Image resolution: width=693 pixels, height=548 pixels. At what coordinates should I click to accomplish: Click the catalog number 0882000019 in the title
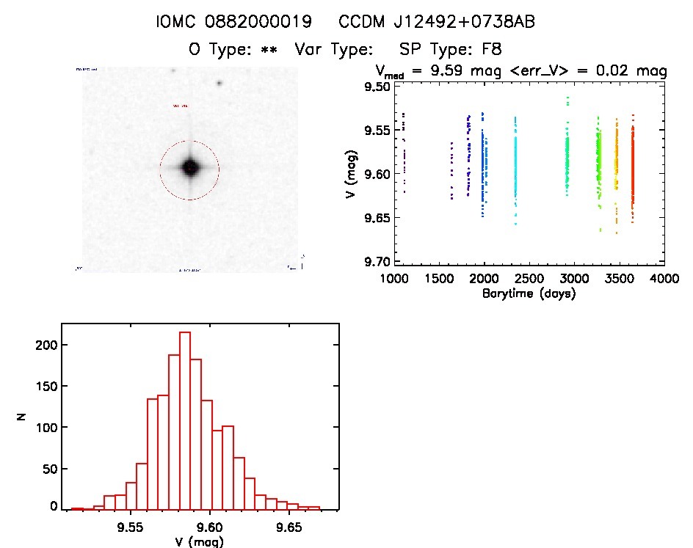[254, 23]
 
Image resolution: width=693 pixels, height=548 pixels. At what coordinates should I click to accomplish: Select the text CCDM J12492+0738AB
[437, 23]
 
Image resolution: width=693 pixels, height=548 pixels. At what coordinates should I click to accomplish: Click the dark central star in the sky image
[189, 168]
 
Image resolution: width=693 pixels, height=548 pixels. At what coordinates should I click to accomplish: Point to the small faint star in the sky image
[219, 83]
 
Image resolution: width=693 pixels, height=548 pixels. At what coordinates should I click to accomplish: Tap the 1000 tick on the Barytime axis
[394, 279]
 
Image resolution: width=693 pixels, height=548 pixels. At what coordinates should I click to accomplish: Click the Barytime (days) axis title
[529, 293]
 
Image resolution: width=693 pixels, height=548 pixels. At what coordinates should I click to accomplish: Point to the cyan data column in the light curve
[515, 169]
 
